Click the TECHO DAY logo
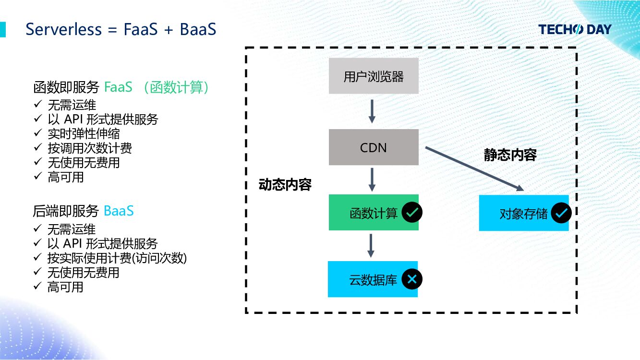(x=575, y=29)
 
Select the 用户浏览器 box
(x=374, y=76)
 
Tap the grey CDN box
(x=374, y=147)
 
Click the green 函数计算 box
(x=374, y=212)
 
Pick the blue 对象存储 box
(x=524, y=213)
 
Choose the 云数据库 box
(x=373, y=279)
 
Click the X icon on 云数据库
(x=412, y=279)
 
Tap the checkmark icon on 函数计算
(x=412, y=212)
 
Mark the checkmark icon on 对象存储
(x=561, y=213)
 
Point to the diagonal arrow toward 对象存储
(x=474, y=169)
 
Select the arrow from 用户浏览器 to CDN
(x=372, y=111)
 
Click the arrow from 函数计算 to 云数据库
(x=371, y=246)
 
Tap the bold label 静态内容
(x=510, y=155)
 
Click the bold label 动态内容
(x=285, y=185)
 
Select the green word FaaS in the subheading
(x=118, y=87)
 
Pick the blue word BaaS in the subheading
(x=119, y=211)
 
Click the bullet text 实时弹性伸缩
(x=84, y=134)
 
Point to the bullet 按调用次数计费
(x=90, y=148)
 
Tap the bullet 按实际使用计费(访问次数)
(x=117, y=258)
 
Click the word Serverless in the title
(x=64, y=29)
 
